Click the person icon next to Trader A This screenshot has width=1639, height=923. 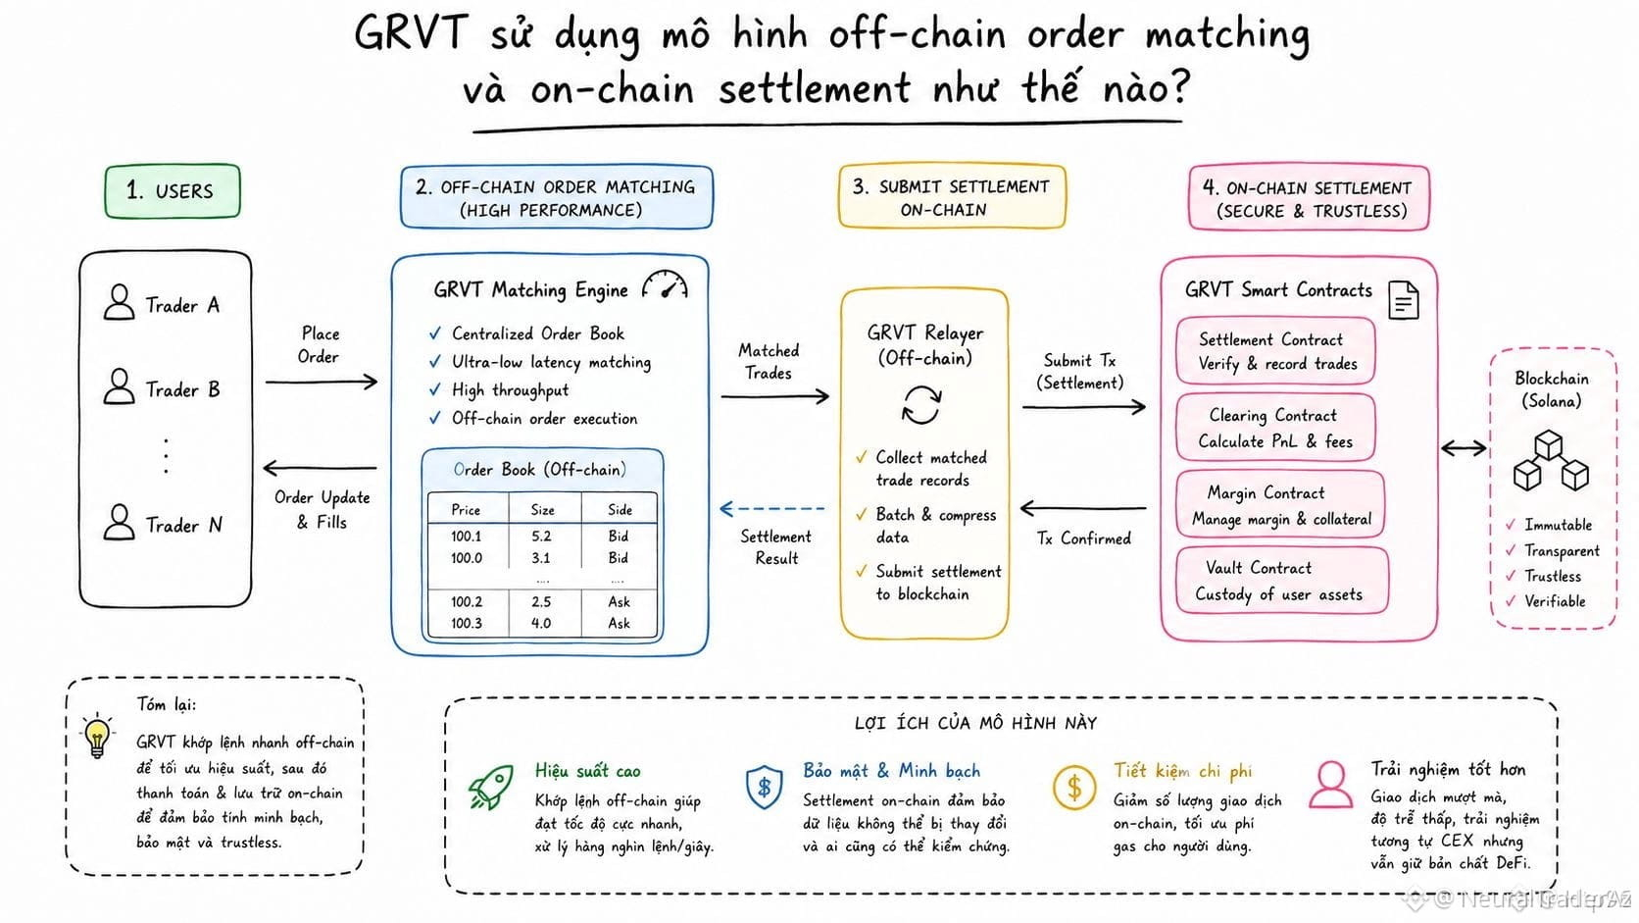click(119, 301)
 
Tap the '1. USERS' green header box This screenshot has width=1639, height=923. click(173, 191)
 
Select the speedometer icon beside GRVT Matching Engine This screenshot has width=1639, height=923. click(665, 284)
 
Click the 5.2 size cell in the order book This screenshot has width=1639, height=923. click(541, 536)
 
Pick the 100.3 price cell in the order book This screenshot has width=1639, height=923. click(466, 623)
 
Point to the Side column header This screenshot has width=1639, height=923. click(620, 509)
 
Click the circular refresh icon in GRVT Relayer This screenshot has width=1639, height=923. click(921, 405)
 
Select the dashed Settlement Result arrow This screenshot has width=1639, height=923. click(771, 508)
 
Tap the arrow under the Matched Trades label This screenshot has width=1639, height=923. click(774, 396)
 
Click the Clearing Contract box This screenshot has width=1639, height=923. click(1275, 428)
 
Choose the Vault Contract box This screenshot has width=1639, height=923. click(1281, 580)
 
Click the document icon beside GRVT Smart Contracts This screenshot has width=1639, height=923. click(1404, 300)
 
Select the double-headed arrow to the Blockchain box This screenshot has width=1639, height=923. click(1464, 448)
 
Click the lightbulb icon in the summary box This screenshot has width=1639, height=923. click(97, 735)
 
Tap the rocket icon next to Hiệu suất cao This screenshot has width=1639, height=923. click(490, 787)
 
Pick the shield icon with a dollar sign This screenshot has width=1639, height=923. click(764, 787)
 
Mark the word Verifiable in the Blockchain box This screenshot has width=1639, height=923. click(1555, 601)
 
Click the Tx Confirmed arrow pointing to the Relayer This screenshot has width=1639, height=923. click(1083, 507)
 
